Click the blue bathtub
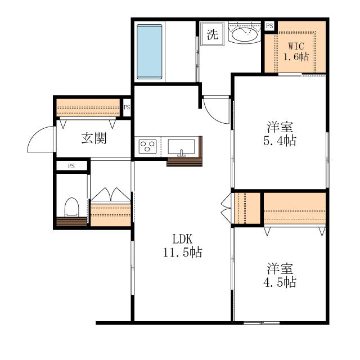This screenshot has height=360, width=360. click(149, 52)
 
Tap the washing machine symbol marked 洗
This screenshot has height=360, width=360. click(212, 34)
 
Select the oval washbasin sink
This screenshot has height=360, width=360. click(245, 35)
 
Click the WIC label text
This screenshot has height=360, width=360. click(296, 46)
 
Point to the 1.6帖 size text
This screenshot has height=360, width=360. click(296, 56)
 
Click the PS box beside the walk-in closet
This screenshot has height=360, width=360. click(270, 26)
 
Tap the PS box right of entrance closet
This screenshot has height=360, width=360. click(127, 107)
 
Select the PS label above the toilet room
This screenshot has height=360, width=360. click(71, 166)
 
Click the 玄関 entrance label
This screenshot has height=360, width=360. click(94, 138)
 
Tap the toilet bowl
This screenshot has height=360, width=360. click(71, 207)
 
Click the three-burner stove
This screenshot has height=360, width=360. click(147, 146)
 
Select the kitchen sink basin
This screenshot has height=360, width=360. click(181, 146)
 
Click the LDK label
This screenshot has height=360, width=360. click(182, 239)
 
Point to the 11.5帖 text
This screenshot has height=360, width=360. click(182, 252)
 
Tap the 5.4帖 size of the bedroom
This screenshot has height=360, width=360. click(280, 141)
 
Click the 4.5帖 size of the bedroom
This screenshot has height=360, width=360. click(280, 282)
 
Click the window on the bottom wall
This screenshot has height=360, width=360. click(262, 323)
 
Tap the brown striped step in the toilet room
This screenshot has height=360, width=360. click(71, 222)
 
